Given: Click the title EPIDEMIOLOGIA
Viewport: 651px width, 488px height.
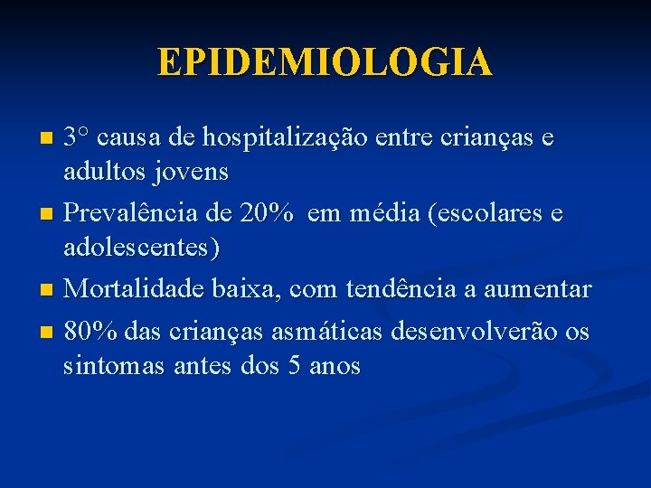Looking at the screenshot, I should point(325,62).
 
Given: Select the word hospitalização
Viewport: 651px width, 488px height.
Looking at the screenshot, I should point(282,139).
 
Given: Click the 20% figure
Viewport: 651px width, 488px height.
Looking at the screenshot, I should point(268,214).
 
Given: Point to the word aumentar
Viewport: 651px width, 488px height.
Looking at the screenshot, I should point(537,290).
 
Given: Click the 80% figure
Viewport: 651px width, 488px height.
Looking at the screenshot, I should point(91,333).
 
